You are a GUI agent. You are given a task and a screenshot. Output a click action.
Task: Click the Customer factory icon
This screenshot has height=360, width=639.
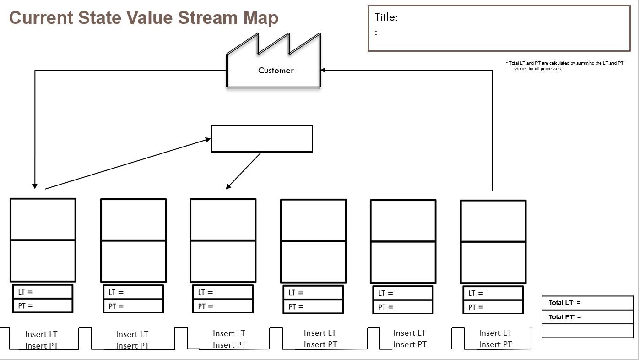(273, 64)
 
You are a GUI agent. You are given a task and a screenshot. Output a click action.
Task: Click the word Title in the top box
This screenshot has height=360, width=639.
(386, 17)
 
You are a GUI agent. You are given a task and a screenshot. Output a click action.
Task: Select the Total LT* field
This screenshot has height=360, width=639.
(587, 303)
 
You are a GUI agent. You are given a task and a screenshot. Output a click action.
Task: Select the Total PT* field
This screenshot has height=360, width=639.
(587, 317)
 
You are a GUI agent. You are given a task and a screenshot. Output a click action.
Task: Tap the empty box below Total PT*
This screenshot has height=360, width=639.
(587, 331)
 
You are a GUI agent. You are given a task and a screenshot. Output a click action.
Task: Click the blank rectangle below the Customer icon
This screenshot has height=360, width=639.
(261, 138)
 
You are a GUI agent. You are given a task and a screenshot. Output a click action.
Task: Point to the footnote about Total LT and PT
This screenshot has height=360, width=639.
(564, 65)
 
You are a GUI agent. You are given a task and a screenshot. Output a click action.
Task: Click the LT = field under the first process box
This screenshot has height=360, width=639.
(43, 292)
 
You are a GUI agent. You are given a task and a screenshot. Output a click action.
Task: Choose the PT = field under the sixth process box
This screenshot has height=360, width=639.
(493, 307)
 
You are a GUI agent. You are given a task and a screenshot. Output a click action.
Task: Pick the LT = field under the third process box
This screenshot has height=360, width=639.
(222, 292)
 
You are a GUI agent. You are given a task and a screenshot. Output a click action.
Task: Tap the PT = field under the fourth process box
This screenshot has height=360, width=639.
(313, 307)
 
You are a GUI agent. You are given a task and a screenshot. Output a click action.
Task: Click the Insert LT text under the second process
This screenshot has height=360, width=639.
(132, 334)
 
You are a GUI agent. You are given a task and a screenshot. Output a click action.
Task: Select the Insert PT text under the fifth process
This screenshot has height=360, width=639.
(410, 344)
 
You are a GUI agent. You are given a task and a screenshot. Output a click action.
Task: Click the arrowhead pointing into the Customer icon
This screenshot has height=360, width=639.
(323, 70)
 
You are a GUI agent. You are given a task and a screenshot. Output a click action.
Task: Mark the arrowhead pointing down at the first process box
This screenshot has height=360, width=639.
(35, 185)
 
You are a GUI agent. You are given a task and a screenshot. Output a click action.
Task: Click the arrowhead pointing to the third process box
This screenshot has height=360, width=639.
(228, 186)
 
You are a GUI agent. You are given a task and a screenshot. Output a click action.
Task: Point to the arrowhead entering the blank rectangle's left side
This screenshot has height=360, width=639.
(208, 140)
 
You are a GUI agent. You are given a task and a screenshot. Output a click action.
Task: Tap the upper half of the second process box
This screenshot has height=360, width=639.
(133, 219)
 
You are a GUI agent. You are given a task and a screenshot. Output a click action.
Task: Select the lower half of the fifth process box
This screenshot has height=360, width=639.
(403, 262)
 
